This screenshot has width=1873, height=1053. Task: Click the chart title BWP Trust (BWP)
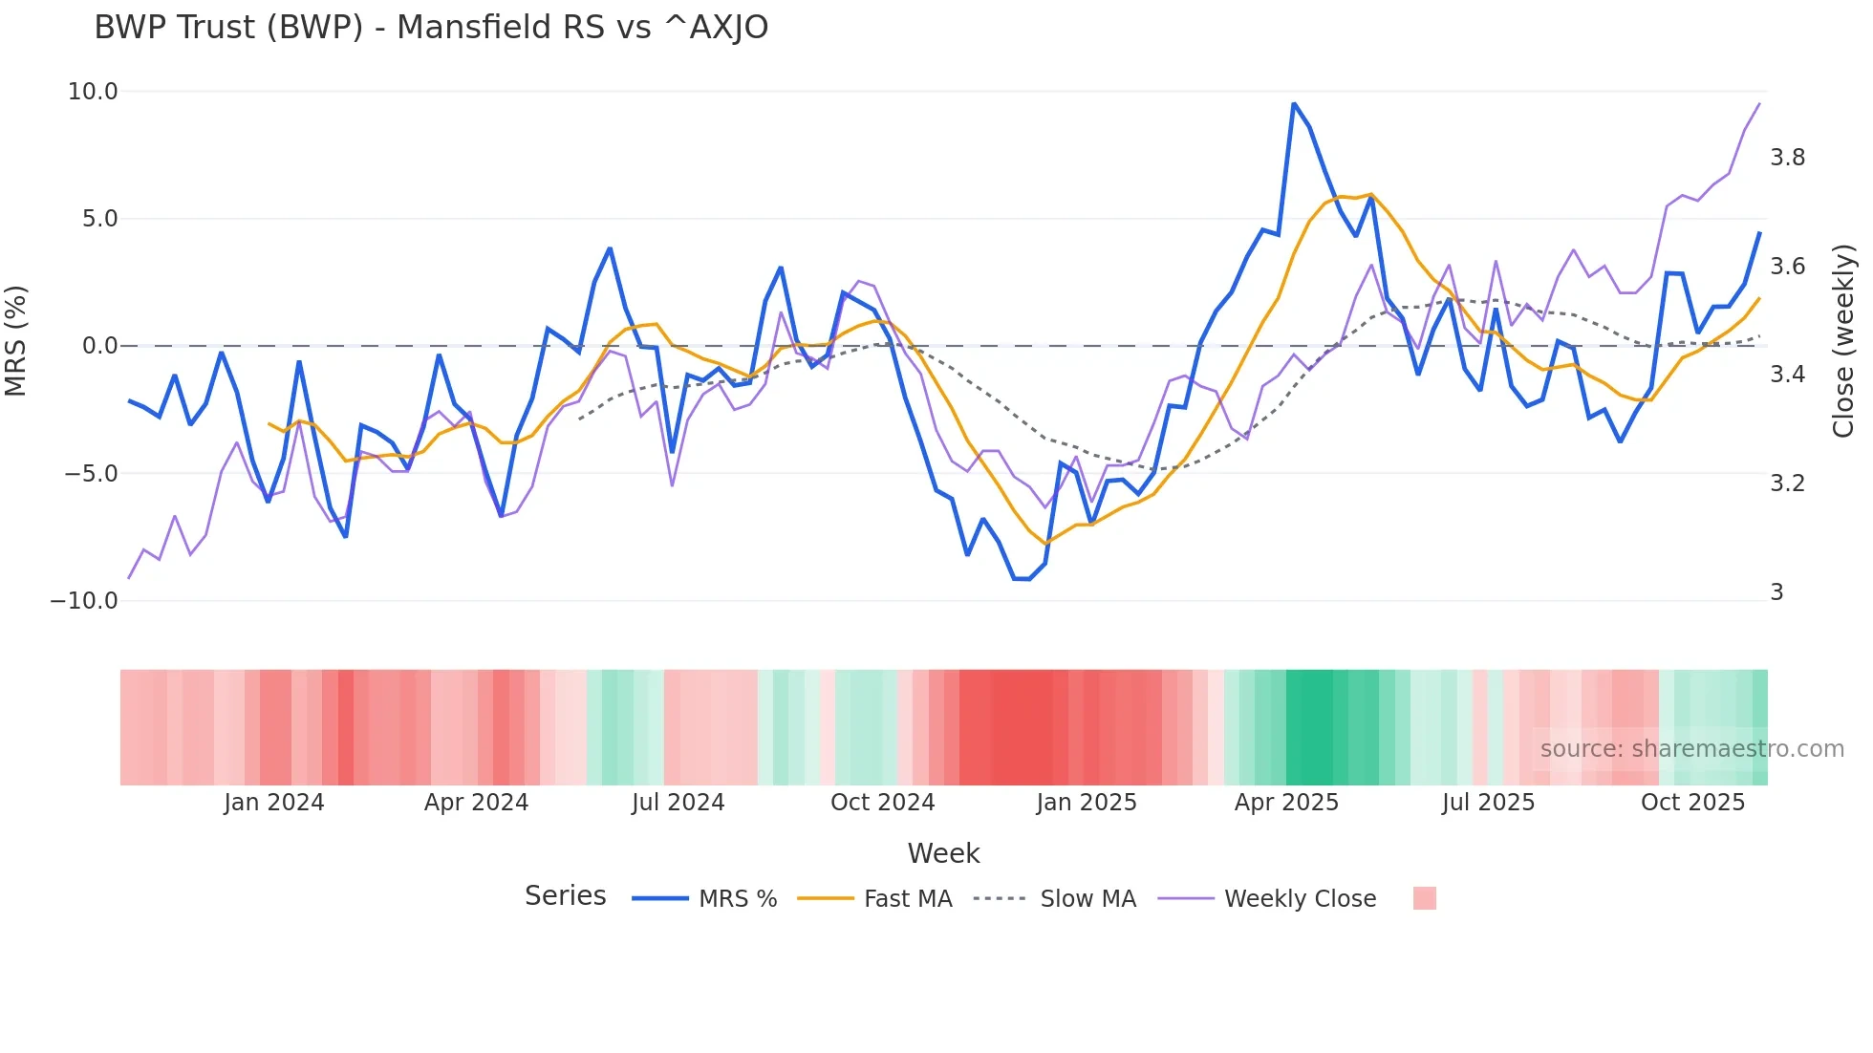point(430,28)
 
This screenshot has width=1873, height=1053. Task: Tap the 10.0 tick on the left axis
point(92,92)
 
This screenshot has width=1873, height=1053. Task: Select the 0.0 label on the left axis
point(99,346)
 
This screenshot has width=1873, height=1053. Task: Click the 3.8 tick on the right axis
point(1787,158)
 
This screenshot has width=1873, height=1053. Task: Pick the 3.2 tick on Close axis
point(1787,484)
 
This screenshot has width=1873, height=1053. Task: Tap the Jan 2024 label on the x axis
point(274,803)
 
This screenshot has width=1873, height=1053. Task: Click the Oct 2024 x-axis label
point(882,803)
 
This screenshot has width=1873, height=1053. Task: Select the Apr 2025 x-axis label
point(1286,803)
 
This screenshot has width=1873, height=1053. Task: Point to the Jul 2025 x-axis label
point(1488,803)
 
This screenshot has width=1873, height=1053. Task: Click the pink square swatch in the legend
point(1424,898)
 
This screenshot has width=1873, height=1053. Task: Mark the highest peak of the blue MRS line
point(1294,103)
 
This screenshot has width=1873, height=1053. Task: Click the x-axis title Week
point(943,853)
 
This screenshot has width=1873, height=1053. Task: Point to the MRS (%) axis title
point(16,341)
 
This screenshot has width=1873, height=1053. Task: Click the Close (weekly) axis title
point(1842,341)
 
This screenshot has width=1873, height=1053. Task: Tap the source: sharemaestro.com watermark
point(1691,749)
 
